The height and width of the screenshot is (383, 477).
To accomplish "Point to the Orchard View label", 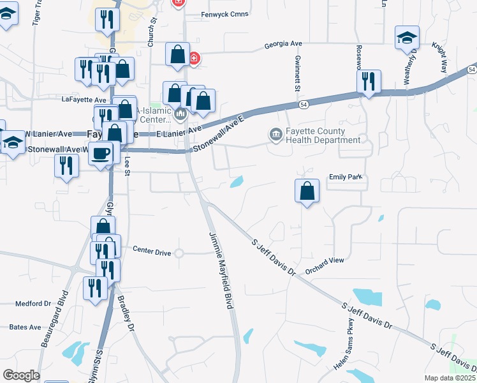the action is [324, 260].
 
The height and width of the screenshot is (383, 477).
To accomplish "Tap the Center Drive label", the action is [152, 253].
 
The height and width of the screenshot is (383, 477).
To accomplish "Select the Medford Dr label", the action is [33, 303].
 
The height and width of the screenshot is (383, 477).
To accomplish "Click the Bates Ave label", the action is [26, 327].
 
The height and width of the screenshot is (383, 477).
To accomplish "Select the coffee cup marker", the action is [100, 153].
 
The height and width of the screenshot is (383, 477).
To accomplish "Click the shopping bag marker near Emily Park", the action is [307, 190].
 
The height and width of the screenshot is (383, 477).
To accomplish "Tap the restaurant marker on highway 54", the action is [368, 81].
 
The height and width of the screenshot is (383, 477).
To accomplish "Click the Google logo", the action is [20, 375].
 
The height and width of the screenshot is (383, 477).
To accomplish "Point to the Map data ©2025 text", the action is [450, 378].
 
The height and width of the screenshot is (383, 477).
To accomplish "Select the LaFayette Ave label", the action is [84, 100].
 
